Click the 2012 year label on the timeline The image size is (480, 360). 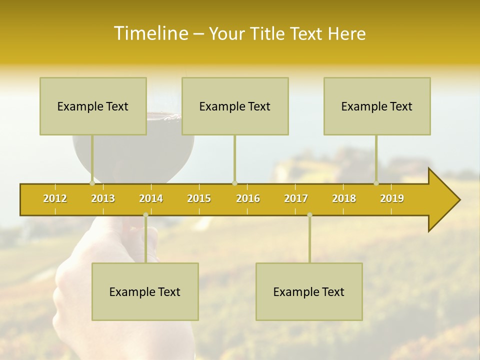click(x=55, y=198)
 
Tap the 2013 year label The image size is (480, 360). click(x=103, y=198)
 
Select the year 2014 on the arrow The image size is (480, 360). click(x=151, y=198)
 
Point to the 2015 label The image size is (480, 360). click(x=199, y=198)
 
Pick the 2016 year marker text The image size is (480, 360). click(x=248, y=198)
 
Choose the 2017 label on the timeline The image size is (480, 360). click(x=296, y=198)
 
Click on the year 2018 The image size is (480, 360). click(x=344, y=198)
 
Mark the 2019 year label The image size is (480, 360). click(x=392, y=198)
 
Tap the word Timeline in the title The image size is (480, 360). click(x=150, y=33)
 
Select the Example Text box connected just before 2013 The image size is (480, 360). click(x=93, y=106)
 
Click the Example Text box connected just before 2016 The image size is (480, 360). click(x=235, y=106)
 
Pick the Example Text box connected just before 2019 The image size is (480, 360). click(x=377, y=106)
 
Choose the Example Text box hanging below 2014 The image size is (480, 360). click(x=145, y=291)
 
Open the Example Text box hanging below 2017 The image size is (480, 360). click(x=309, y=291)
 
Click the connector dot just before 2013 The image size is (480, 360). click(x=92, y=183)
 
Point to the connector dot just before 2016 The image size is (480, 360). click(x=234, y=183)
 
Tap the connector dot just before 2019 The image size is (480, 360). click(x=376, y=183)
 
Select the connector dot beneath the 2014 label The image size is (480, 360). click(x=145, y=215)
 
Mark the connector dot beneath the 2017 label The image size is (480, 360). click(x=309, y=215)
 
